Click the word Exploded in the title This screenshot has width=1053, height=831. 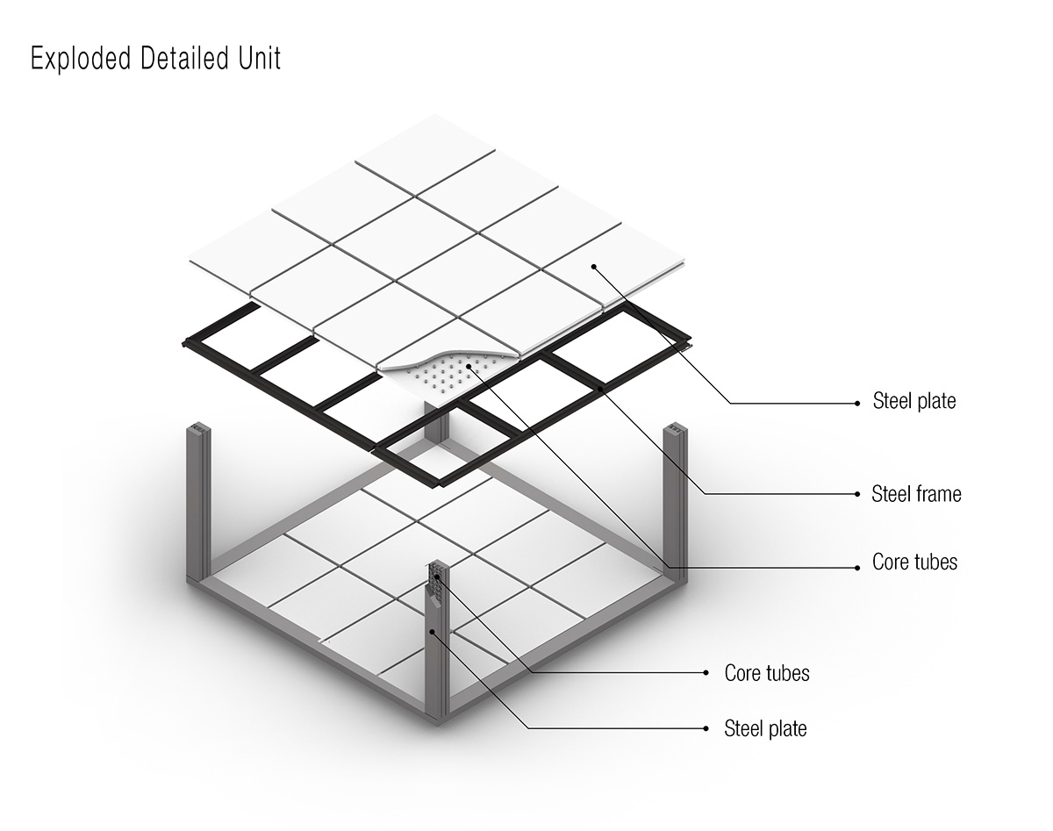(x=81, y=58)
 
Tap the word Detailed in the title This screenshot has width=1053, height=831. (x=184, y=58)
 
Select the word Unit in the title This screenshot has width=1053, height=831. (x=260, y=58)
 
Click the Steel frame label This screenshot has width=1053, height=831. (x=916, y=494)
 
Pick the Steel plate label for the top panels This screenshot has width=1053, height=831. (x=914, y=401)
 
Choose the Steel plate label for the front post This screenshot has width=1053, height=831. (x=765, y=728)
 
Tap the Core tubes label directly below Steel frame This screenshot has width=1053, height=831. (x=914, y=562)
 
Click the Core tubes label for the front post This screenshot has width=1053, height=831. (x=767, y=673)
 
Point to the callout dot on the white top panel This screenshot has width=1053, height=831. (x=593, y=267)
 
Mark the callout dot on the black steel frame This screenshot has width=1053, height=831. (x=601, y=389)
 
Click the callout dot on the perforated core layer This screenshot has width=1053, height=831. (x=469, y=366)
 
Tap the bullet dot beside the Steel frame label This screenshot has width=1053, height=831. (x=857, y=494)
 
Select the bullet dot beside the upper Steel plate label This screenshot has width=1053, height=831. (x=857, y=404)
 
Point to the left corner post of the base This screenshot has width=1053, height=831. (x=198, y=503)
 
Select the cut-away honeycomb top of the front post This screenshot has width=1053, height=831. (x=436, y=580)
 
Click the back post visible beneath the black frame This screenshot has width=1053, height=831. (x=436, y=422)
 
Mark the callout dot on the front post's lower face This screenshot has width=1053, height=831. (x=432, y=632)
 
